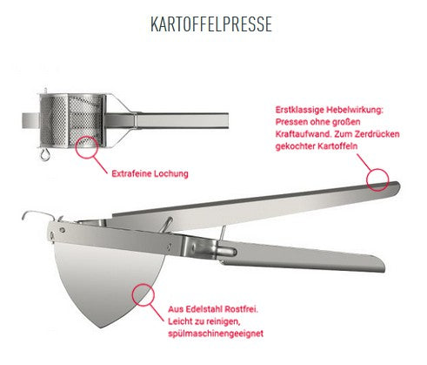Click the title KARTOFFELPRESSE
click(211, 24)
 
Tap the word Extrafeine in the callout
click(132, 173)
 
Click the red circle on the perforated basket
click(88, 145)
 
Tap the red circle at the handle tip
click(377, 179)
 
